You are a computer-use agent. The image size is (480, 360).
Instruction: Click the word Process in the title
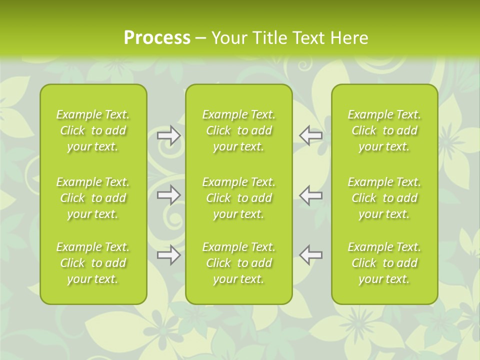(x=157, y=38)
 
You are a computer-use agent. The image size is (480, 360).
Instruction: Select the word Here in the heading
(x=349, y=38)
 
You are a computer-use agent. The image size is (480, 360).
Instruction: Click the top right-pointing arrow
(x=168, y=135)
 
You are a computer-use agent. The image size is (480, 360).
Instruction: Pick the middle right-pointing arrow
(x=168, y=195)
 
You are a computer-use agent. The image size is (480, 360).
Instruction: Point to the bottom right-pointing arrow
(x=168, y=255)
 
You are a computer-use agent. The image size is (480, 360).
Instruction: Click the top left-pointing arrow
(x=311, y=135)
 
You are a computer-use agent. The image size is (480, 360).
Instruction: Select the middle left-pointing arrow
(x=311, y=195)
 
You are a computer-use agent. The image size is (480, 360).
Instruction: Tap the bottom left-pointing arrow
(x=311, y=255)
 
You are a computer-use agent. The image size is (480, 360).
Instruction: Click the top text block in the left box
(x=93, y=130)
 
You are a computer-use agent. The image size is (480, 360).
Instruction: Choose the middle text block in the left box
(x=93, y=198)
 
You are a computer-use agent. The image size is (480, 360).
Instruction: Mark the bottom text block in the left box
(x=93, y=263)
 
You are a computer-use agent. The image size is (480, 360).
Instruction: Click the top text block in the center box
(x=238, y=130)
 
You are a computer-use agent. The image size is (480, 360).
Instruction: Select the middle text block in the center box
(x=238, y=198)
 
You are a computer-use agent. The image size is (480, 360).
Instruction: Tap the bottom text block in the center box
(x=238, y=263)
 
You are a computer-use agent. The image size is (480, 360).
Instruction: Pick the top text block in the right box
(x=384, y=130)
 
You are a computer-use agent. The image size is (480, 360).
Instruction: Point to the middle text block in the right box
(x=384, y=198)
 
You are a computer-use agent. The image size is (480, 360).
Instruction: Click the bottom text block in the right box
(x=384, y=263)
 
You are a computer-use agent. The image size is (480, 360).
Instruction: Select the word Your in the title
(x=229, y=38)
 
